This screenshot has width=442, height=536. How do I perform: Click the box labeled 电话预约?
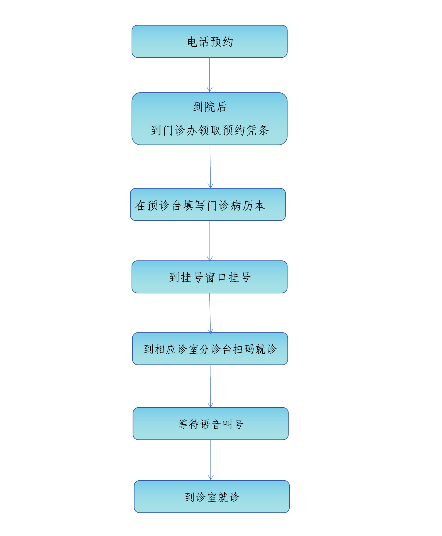pyautogui.click(x=209, y=41)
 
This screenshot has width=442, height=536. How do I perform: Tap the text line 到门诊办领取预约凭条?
pyautogui.click(x=210, y=130)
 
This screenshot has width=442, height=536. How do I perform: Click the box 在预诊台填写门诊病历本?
pyautogui.click(x=208, y=205)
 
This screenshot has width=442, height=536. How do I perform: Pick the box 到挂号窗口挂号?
pyautogui.click(x=209, y=277)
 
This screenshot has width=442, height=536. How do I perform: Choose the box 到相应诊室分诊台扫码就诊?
pyautogui.click(x=210, y=349)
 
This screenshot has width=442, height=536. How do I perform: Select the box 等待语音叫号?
pyautogui.click(x=211, y=424)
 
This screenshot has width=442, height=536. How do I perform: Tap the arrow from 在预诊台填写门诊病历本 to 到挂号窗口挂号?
pyautogui.click(x=210, y=241)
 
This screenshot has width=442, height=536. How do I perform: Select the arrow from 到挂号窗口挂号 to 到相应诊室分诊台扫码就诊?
pyautogui.click(x=210, y=313)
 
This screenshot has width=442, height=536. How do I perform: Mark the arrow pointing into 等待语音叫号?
pyautogui.click(x=210, y=386)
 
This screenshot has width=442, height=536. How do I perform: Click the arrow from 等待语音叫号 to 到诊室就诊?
pyautogui.click(x=211, y=460)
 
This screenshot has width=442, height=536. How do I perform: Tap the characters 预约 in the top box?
pyautogui.click(x=222, y=42)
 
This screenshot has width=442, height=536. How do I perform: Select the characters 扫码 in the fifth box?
pyautogui.click(x=244, y=349)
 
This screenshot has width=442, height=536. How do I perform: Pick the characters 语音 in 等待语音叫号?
pyautogui.click(x=211, y=424)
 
